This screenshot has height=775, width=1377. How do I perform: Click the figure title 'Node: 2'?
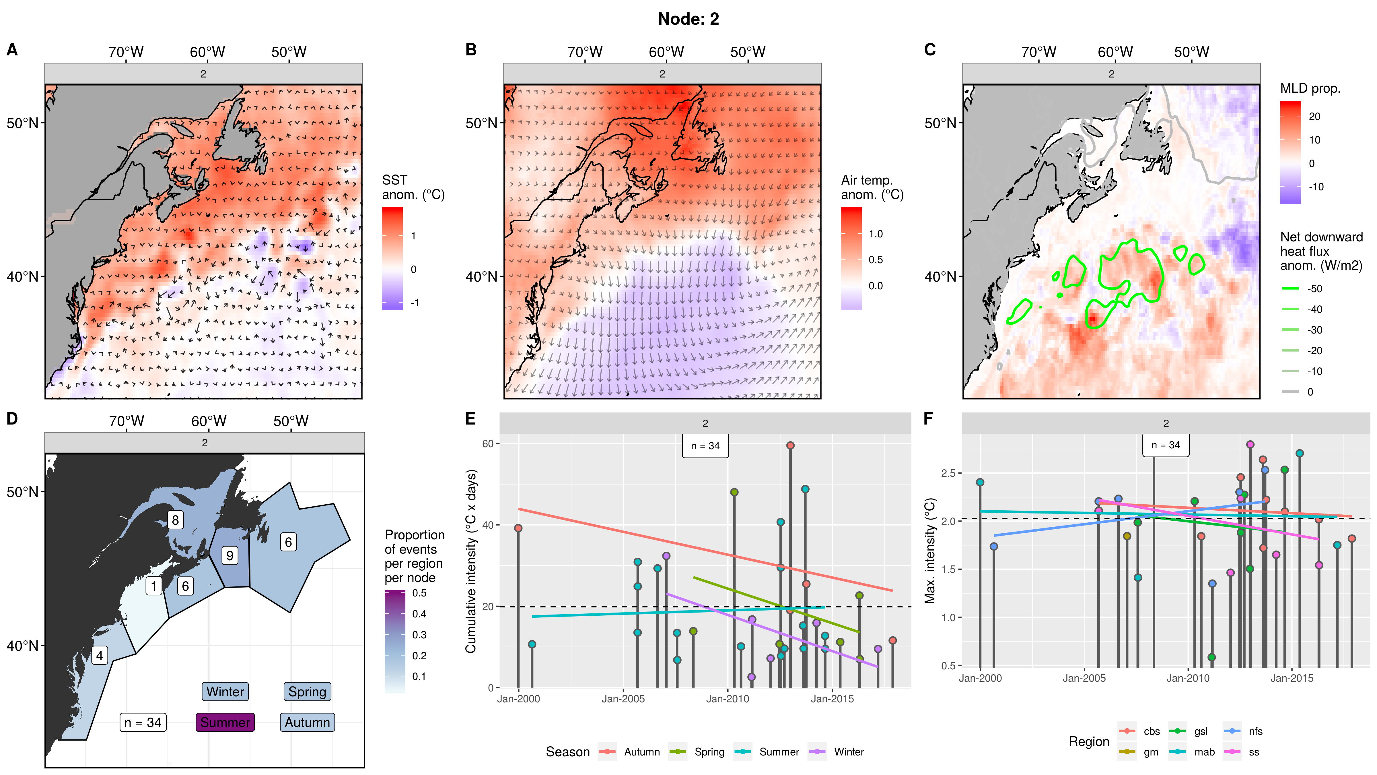(688, 19)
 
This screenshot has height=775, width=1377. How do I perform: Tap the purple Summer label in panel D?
(225, 722)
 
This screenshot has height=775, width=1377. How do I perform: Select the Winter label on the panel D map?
(225, 691)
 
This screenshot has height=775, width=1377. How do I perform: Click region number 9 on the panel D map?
(230, 555)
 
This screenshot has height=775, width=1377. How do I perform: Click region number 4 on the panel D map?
(100, 655)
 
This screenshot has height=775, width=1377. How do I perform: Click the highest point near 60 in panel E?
(790, 445)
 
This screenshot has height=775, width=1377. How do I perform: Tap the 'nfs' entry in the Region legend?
(1255, 731)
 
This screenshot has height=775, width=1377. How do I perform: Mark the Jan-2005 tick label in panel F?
(1084, 678)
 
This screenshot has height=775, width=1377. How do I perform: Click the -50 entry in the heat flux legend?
(1314, 289)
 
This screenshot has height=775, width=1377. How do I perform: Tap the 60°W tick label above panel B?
(666, 52)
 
